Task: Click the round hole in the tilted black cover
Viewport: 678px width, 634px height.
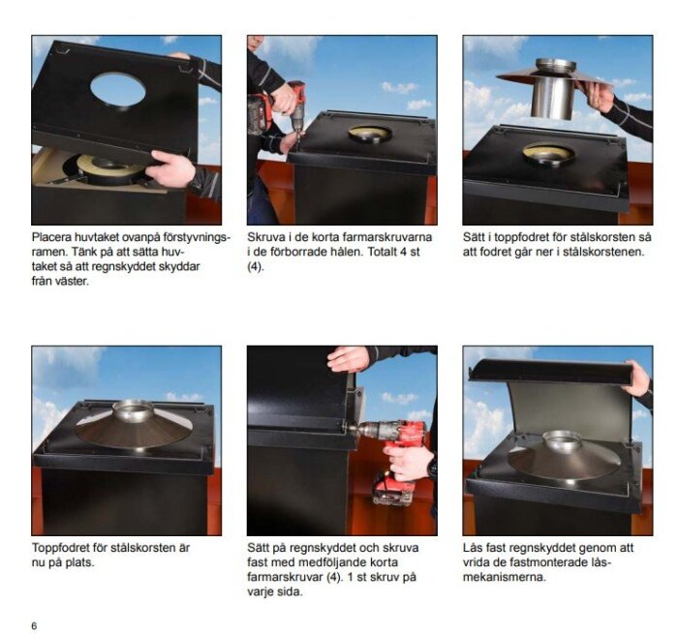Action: coord(117,90)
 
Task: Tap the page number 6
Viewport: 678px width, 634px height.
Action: coord(34,625)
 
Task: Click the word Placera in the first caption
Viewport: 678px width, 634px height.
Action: coord(51,237)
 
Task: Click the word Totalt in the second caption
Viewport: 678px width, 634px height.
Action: coord(383,252)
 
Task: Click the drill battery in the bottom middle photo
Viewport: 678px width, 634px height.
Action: coord(392,490)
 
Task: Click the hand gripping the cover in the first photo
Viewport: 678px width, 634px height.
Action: coord(169,168)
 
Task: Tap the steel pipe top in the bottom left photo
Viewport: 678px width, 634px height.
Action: coord(134,408)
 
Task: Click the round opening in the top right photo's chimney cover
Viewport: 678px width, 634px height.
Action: coord(548,153)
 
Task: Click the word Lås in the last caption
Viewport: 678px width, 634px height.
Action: coord(473,548)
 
